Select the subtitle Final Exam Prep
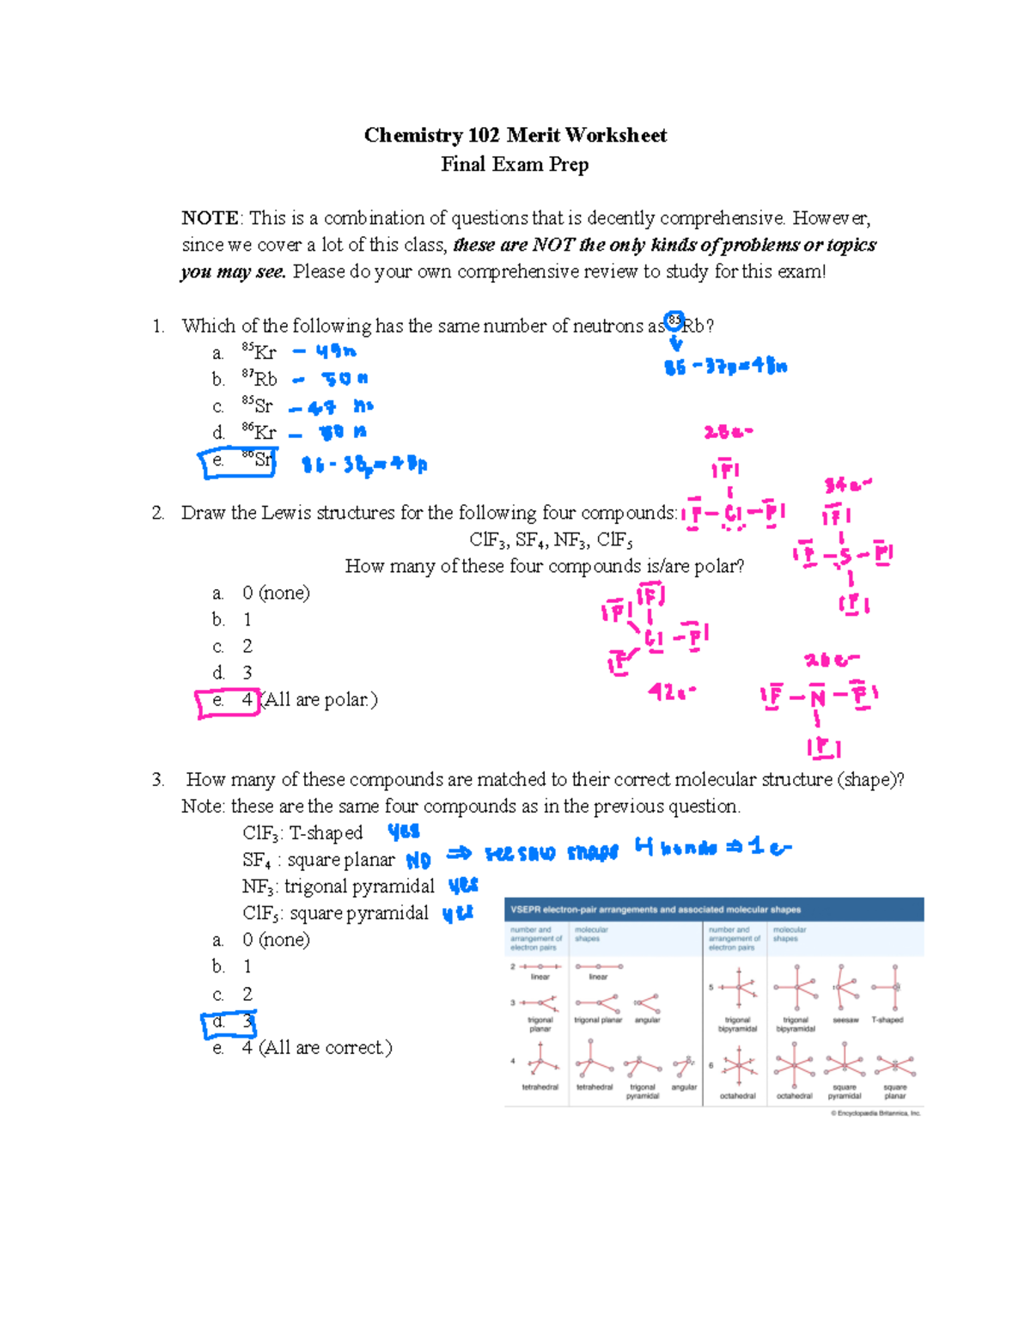[515, 164]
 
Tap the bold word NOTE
[210, 218]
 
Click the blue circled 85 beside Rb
[674, 321]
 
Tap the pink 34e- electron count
[847, 485]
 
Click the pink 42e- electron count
[672, 691]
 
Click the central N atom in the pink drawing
[816, 697]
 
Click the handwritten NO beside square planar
[418, 860]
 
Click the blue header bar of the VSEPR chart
[713, 910]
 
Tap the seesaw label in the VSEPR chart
[845, 1020]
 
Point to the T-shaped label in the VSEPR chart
[888, 1020]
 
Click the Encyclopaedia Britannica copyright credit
[875, 1113]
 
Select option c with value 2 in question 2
[233, 646]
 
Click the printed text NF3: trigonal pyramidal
[339, 886]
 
